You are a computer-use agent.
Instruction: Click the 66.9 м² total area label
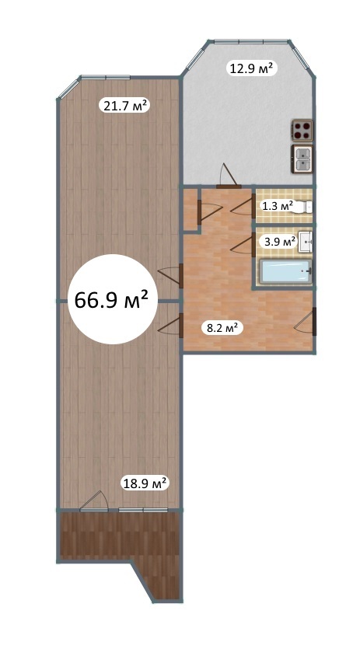pyautogui.click(x=111, y=299)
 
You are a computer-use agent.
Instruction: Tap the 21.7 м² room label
pyautogui.click(x=124, y=106)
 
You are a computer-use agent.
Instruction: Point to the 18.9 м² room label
pyautogui.click(x=145, y=483)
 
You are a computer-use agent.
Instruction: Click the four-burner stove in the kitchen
pyautogui.click(x=302, y=131)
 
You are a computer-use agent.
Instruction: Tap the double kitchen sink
pyautogui.click(x=302, y=159)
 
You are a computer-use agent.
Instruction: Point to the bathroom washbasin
pyautogui.click(x=306, y=241)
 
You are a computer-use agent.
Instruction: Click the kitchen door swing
pyautogui.click(x=229, y=176)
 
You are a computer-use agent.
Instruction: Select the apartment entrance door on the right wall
pyautogui.click(x=306, y=322)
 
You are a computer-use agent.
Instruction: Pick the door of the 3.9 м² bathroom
pyautogui.click(x=243, y=245)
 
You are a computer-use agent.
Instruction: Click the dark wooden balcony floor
pyautogui.click(x=121, y=537)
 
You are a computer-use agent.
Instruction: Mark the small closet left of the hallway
pyautogui.click(x=190, y=208)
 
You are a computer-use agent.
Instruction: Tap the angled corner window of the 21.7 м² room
pyautogui.click(x=68, y=88)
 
